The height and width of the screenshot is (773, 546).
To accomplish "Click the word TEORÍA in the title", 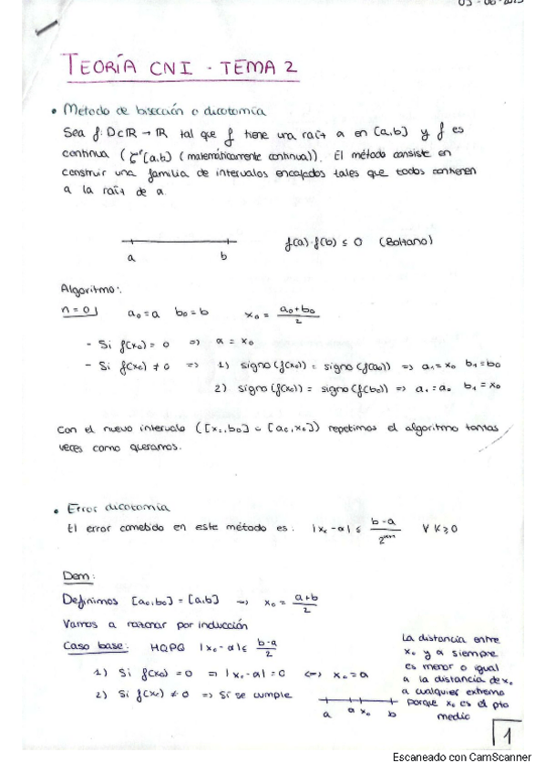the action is pyautogui.click(x=99, y=66).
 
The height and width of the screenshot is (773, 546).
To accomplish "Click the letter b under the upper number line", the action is pyautogui.click(x=223, y=257).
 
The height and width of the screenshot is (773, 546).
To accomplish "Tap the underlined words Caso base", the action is pyautogui.click(x=88, y=646).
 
